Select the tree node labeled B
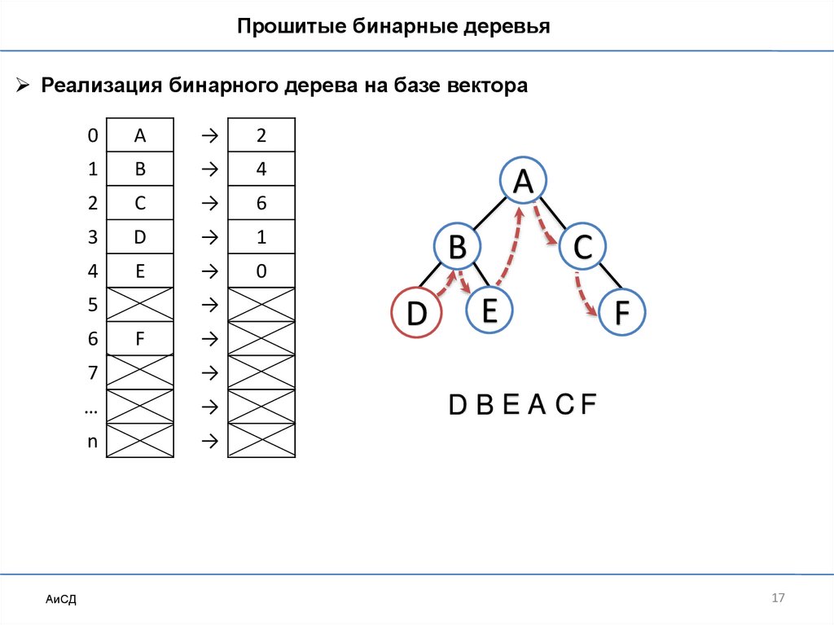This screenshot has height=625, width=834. (457, 247)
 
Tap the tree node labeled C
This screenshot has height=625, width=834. (582, 247)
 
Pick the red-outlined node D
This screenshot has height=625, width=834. (416, 314)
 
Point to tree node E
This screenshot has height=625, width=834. (489, 310)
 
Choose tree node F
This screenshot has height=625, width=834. (622, 313)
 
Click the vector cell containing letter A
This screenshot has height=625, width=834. (140, 135)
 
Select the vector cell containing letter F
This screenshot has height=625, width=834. (140, 339)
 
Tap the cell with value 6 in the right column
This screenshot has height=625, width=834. (261, 204)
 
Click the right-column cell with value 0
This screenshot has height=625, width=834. (261, 271)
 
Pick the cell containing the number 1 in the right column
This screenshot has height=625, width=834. (261, 237)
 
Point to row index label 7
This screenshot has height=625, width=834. (92, 373)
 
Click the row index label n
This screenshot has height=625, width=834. (92, 441)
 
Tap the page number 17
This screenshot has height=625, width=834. (777, 598)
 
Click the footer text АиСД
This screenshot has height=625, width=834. (61, 601)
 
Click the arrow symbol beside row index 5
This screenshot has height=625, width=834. (208, 306)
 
